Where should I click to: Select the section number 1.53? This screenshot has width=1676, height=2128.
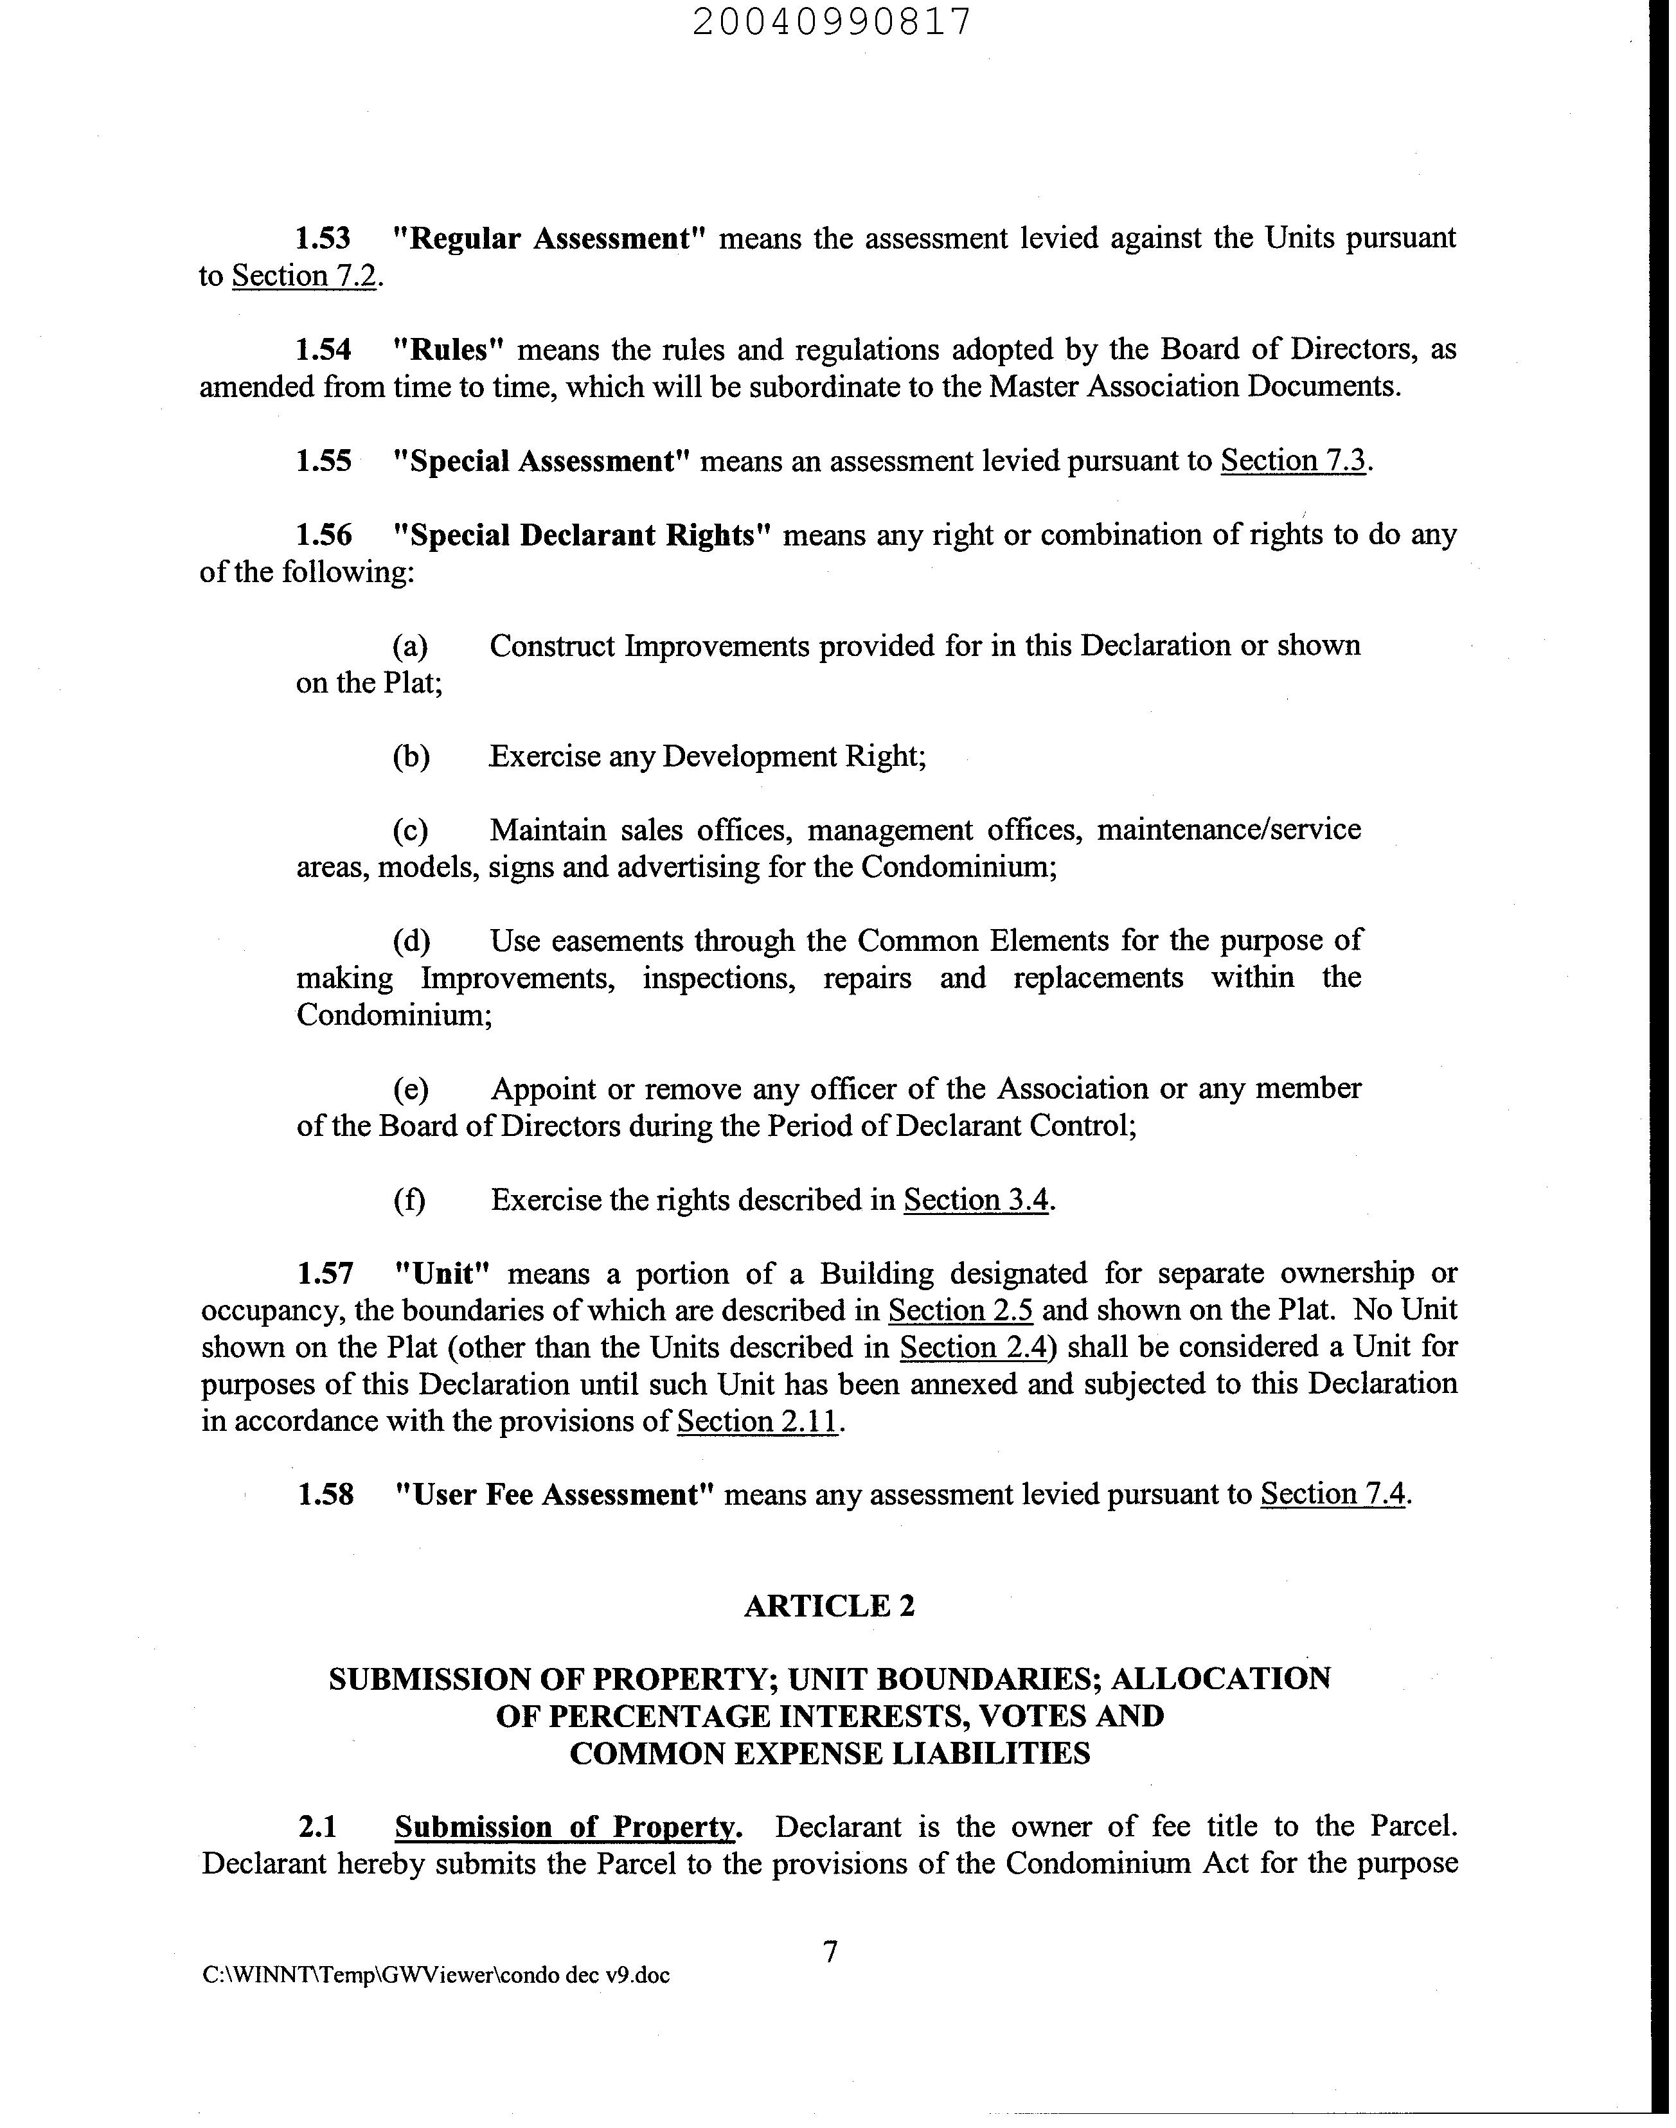(324, 238)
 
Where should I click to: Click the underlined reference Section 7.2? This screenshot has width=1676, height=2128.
(304, 277)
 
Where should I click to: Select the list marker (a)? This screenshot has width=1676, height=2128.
(410, 646)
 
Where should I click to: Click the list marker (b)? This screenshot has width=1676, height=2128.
(410, 758)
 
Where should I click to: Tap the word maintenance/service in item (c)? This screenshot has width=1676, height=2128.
(1229, 830)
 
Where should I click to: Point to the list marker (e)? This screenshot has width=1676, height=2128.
(410, 1089)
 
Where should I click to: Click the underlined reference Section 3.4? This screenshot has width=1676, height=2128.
(976, 1200)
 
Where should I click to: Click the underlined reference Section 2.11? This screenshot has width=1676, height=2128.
(758, 1422)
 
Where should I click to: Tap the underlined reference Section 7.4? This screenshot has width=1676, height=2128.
(1333, 1494)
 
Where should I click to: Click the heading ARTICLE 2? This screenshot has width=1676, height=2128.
(829, 1606)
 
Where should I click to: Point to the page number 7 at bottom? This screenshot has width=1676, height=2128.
(830, 1953)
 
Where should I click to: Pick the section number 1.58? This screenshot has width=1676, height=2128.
(325, 1495)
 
